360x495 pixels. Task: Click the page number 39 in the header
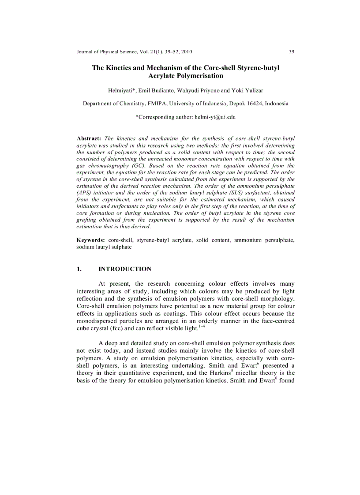292,52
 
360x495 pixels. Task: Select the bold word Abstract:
89,139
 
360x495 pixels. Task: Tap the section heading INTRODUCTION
125,269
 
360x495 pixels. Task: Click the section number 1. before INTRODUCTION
79,269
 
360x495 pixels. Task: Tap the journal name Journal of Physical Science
106,52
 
